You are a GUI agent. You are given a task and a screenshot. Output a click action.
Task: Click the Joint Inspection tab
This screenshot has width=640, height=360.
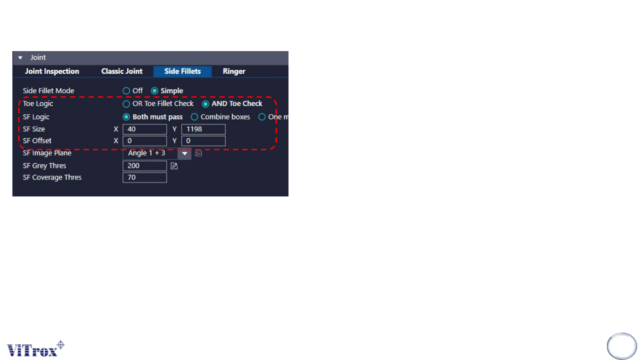pyautogui.click(x=52, y=72)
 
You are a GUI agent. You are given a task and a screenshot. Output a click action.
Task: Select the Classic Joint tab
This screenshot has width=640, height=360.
pyautogui.click(x=122, y=72)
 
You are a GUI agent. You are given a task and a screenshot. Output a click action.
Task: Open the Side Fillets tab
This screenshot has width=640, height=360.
pyautogui.click(x=182, y=72)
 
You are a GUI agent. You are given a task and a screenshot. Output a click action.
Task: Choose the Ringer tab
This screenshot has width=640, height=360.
pyautogui.click(x=234, y=72)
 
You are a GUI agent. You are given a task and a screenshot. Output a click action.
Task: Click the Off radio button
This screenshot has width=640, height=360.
pyautogui.click(x=126, y=91)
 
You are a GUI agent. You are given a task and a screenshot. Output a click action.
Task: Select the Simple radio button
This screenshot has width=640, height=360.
pyautogui.click(x=155, y=91)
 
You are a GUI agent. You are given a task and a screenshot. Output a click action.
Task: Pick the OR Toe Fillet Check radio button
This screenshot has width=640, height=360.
pyautogui.click(x=126, y=104)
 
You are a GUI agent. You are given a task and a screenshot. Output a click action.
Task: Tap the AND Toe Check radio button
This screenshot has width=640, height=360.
pyautogui.click(x=205, y=104)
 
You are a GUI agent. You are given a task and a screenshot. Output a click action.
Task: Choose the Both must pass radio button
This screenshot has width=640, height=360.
pyautogui.click(x=126, y=117)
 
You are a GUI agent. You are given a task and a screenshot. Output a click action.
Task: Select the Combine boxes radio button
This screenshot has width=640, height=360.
pyautogui.click(x=194, y=117)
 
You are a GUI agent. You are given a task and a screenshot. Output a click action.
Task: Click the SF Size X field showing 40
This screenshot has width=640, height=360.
pyautogui.click(x=144, y=129)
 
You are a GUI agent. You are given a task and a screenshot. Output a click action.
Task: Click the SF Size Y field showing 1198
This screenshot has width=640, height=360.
pyautogui.click(x=203, y=129)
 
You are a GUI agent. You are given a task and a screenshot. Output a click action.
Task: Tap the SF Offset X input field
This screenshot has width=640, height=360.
pyautogui.click(x=144, y=141)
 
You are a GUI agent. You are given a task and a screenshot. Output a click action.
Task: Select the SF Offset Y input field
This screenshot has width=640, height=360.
pyautogui.click(x=203, y=141)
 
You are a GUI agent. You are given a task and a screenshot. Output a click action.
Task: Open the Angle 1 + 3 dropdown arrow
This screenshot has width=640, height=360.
pyautogui.click(x=184, y=154)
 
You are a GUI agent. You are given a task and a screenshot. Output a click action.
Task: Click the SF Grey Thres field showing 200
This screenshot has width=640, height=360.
pyautogui.click(x=144, y=166)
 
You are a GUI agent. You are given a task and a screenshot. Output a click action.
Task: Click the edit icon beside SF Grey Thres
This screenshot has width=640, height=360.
pyautogui.click(x=174, y=166)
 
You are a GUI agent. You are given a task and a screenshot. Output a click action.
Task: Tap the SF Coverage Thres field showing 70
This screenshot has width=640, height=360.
pyautogui.click(x=144, y=177)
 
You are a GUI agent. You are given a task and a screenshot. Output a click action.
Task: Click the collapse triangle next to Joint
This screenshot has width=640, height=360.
pyautogui.click(x=20, y=58)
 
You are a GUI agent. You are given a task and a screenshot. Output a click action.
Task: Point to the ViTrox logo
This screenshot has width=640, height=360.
pyautogui.click(x=36, y=348)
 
